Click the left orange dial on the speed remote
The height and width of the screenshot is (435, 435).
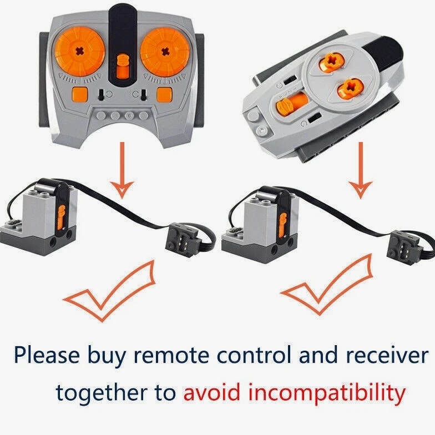click(80, 51)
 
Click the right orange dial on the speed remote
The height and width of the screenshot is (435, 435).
click(165, 52)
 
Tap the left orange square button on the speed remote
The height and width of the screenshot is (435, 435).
click(80, 94)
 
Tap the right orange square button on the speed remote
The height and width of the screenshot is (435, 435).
click(164, 94)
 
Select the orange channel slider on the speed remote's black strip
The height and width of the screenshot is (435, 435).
click(123, 67)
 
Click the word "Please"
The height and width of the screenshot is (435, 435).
click(47, 355)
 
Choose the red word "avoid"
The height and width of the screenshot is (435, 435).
click(212, 392)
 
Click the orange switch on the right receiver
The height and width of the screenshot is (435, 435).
click(283, 225)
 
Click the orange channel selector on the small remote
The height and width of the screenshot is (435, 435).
click(291, 102)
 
